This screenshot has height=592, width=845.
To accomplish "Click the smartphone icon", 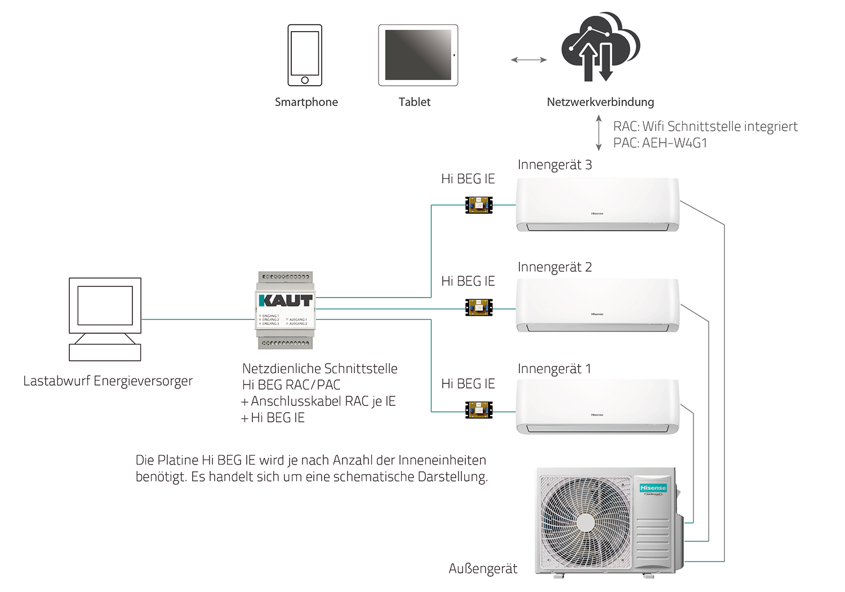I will click(x=305, y=55).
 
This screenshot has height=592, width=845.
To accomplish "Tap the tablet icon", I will click(x=418, y=55).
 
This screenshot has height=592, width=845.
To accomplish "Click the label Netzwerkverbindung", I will click(x=601, y=102).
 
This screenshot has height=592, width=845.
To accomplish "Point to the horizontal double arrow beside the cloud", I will click(x=528, y=60).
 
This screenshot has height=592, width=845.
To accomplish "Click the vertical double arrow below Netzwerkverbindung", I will click(x=599, y=133).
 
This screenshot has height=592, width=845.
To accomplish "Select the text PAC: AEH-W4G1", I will click(x=660, y=143).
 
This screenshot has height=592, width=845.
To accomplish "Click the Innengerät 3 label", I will click(x=554, y=165).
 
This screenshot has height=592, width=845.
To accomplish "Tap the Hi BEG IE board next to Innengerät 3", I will click(x=479, y=205).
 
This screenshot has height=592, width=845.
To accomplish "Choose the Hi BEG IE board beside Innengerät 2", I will click(x=479, y=307).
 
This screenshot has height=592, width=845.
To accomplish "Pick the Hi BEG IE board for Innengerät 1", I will click(x=479, y=410).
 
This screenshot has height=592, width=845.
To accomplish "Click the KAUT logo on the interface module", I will click(x=286, y=301).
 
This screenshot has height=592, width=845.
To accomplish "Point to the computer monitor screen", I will click(x=105, y=306).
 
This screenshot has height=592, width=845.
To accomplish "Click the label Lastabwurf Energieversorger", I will click(x=108, y=381).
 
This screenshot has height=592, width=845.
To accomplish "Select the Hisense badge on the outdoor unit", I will click(x=653, y=488).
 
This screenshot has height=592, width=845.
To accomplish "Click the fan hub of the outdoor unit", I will click(x=585, y=522).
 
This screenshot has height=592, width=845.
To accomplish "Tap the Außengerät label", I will click(x=483, y=569).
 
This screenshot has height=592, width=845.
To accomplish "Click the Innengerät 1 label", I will click(x=554, y=369).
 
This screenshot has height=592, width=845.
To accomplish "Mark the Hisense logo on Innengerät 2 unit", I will click(x=597, y=314).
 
